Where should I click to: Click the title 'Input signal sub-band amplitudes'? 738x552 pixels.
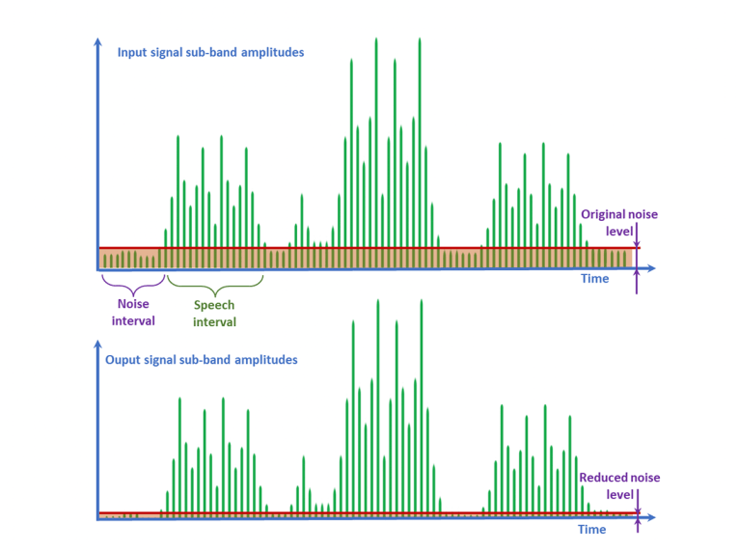coord(210,52)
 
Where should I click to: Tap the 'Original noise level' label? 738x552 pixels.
coord(618,223)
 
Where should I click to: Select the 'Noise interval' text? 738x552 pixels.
coord(133,313)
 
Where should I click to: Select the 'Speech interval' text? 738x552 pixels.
coord(214,314)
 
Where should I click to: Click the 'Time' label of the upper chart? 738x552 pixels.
coord(595,279)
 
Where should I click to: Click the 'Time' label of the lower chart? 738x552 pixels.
coord(591,529)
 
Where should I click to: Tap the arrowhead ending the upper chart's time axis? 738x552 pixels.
coord(652,268)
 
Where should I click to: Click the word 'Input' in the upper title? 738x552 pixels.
coord(133,52)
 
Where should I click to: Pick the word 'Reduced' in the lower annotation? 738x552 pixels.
coord(603,478)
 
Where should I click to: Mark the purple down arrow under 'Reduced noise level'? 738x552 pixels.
coord(637,504)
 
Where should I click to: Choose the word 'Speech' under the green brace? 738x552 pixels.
coord(214,305)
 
